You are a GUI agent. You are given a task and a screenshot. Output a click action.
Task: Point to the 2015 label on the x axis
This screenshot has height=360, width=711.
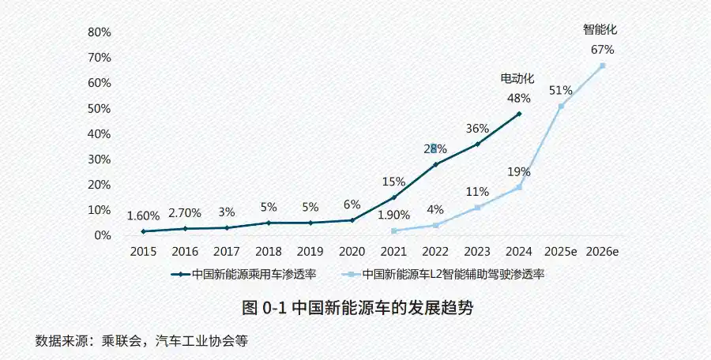click(x=143, y=251)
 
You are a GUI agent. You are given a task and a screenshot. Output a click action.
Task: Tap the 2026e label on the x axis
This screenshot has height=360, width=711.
click(x=602, y=251)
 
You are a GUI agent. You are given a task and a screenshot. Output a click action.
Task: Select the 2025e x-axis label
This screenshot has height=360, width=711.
click(x=561, y=251)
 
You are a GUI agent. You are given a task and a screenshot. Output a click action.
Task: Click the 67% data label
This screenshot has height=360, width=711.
click(x=602, y=49)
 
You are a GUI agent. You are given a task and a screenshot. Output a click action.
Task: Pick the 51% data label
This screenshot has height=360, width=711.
click(x=561, y=89)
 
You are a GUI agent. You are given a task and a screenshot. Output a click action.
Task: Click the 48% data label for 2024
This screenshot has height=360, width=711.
click(x=518, y=98)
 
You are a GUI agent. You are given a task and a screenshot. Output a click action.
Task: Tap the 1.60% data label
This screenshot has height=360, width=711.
click(x=143, y=216)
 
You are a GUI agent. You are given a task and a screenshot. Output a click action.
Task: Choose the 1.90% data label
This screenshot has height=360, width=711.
click(x=393, y=215)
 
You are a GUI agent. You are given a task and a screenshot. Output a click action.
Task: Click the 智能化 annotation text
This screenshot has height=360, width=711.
click(x=600, y=29)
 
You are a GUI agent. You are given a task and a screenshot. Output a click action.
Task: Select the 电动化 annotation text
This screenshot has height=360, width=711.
click(x=517, y=79)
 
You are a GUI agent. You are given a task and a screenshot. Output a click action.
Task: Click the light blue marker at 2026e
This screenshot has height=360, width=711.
click(x=602, y=66)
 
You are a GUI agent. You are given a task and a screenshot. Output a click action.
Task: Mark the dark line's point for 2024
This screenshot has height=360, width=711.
click(x=519, y=114)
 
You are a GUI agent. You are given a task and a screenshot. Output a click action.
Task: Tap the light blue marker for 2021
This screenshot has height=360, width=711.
click(x=393, y=231)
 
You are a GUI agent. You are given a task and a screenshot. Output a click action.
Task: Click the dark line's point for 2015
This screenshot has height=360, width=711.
click(x=143, y=231)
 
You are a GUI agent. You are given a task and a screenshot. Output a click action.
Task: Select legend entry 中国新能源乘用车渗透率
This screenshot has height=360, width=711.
click(x=244, y=275)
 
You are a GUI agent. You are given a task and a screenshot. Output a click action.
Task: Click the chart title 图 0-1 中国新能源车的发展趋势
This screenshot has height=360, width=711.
click(x=358, y=308)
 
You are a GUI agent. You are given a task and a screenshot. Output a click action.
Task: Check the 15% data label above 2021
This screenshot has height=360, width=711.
click(x=393, y=182)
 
